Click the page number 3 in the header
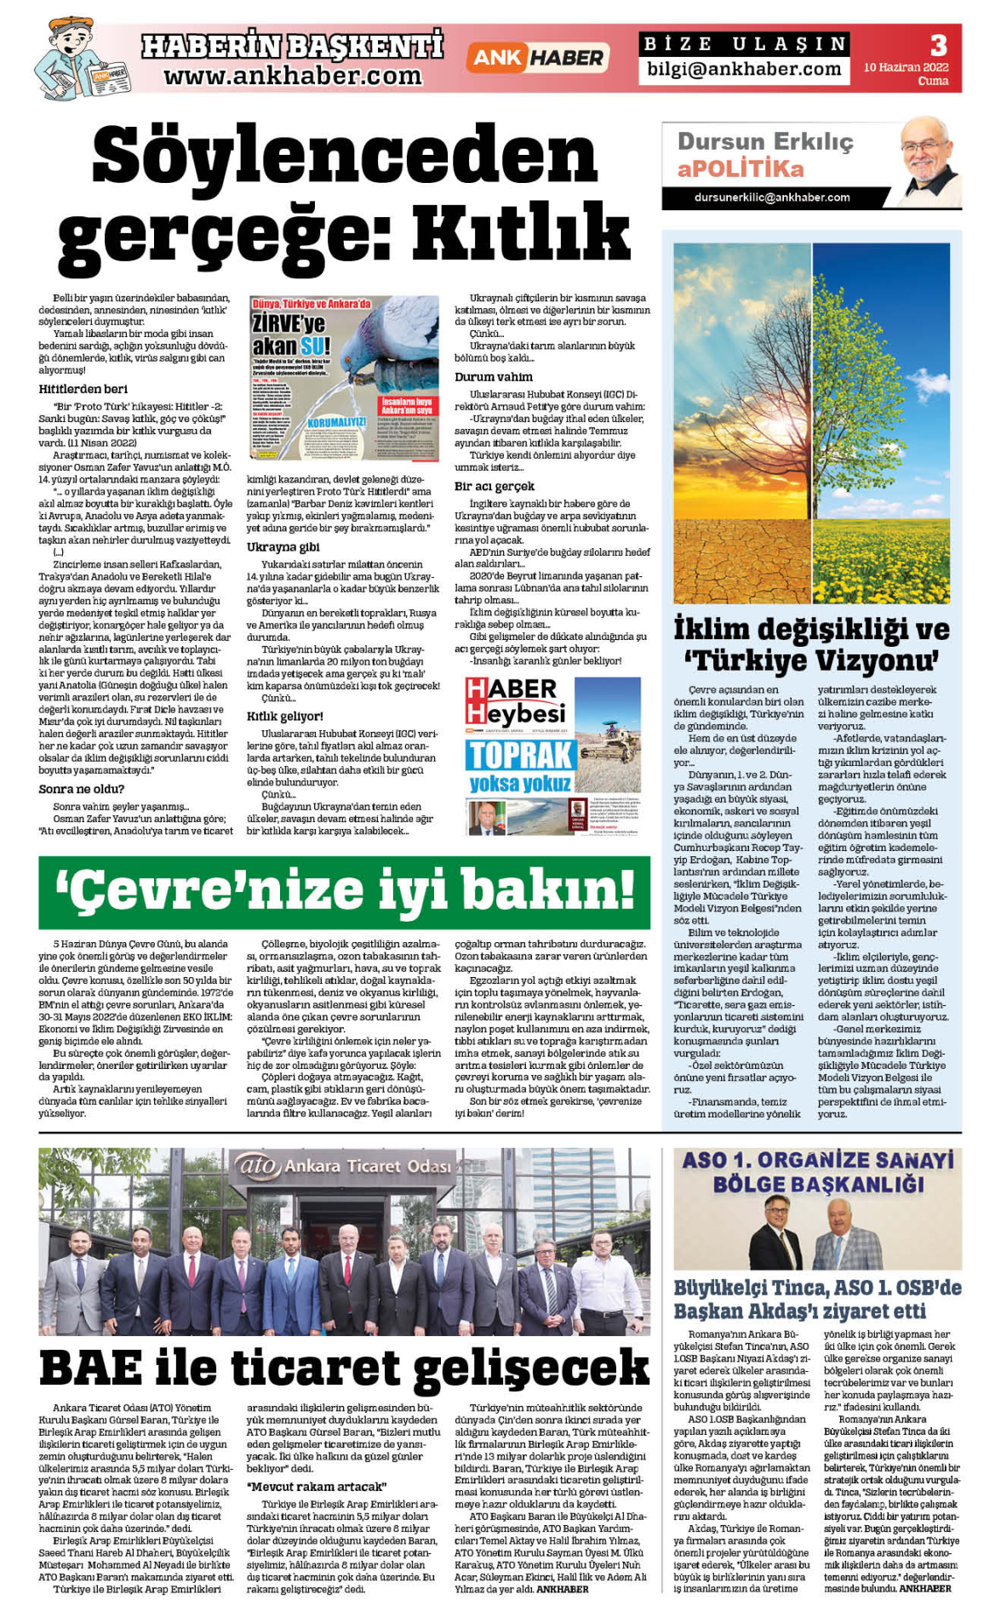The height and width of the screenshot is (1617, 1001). point(938,44)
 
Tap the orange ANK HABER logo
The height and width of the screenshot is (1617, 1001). point(537,58)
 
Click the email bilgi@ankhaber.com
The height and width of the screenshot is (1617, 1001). point(743,70)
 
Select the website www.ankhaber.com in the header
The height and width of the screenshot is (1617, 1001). point(292,77)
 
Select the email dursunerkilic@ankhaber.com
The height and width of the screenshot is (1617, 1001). point(771,197)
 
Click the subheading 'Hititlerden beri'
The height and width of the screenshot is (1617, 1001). point(83,389)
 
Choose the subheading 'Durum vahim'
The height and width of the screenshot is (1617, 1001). point(494,377)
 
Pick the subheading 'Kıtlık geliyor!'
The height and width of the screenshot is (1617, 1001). point(285,717)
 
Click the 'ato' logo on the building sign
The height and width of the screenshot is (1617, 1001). point(255,1165)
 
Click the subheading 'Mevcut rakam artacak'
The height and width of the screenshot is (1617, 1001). point(317,1487)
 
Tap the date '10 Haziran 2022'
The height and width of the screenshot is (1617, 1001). point(906,67)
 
